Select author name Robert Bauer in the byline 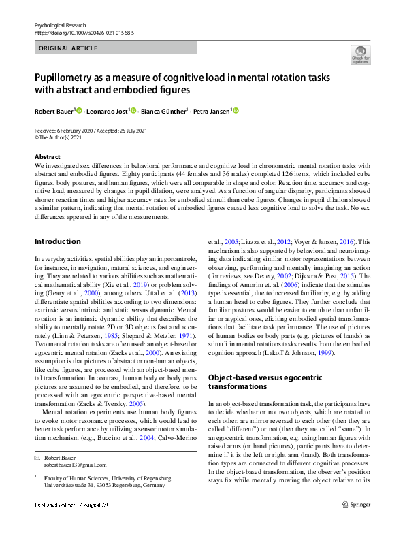[56, 111]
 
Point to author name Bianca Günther [163, 111]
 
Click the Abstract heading [47, 157]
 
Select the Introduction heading [57, 241]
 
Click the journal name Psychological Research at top [62, 25]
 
